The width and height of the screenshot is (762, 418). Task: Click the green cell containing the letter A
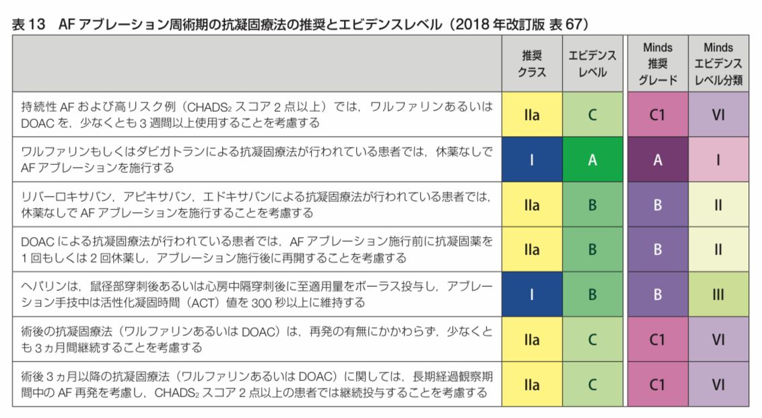592,161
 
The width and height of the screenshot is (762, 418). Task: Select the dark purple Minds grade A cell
657,161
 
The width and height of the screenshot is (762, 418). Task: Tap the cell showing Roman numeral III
718,294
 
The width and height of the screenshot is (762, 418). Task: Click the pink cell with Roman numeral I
718,161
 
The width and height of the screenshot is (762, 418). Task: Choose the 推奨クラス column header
532,63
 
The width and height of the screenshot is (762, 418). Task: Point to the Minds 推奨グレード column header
657,64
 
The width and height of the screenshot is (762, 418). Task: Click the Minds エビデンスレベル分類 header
718,64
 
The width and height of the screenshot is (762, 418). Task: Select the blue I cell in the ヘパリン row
532,294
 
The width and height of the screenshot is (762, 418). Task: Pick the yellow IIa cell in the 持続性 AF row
532,114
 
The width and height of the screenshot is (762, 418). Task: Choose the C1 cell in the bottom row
657,384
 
